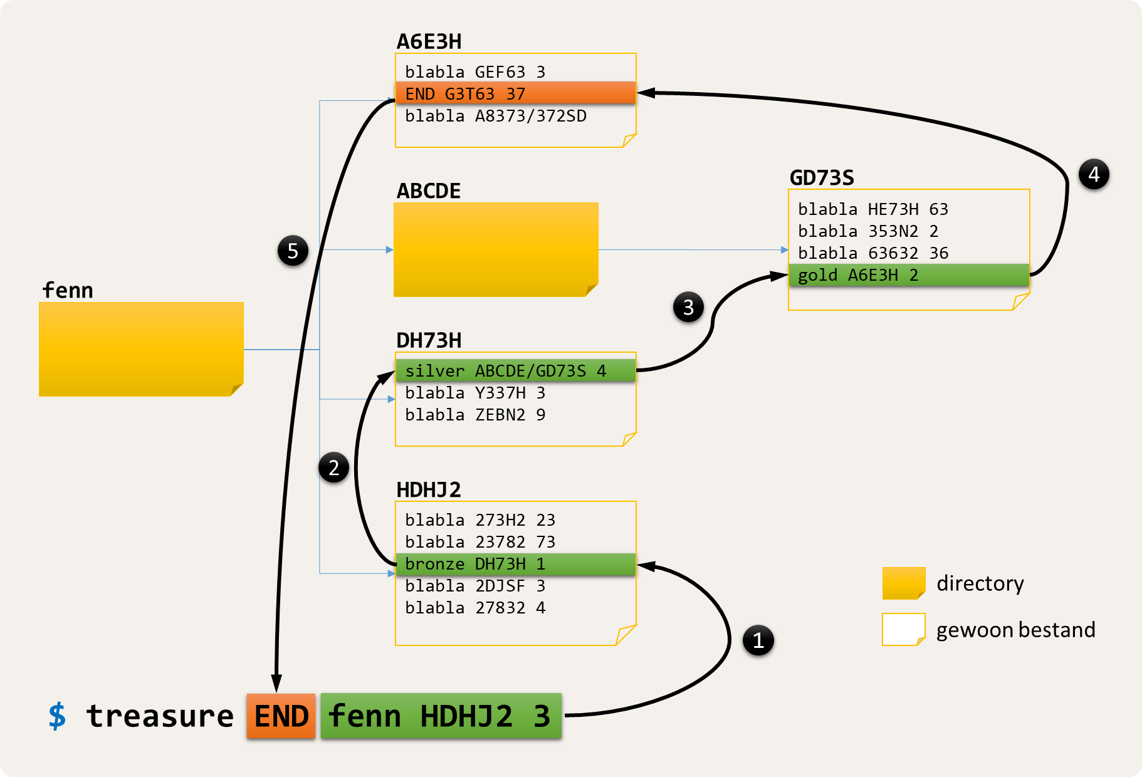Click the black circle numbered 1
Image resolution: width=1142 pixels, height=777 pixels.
[758, 640]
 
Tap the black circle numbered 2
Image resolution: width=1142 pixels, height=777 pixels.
[333, 468]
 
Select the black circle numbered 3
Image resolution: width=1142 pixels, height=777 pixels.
[688, 307]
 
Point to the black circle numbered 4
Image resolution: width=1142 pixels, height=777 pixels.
[1094, 174]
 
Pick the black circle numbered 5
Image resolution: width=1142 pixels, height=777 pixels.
[293, 251]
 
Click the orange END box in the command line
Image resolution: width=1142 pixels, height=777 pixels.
[281, 716]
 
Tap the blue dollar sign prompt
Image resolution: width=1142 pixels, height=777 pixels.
[57, 716]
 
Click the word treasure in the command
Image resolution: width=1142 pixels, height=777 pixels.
[160, 716]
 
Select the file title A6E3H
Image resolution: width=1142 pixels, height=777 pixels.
[429, 41]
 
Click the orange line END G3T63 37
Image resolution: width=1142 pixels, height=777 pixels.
[515, 93]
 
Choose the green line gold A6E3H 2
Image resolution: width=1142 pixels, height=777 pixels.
[908, 275]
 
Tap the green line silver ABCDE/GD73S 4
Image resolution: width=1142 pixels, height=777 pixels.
[515, 371]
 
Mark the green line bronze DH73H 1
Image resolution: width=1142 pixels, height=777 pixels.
[515, 564]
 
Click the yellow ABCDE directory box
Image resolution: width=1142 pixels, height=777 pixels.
[496, 249]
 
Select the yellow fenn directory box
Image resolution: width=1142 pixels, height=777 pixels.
[141, 349]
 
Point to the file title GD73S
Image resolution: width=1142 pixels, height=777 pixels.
[822, 178]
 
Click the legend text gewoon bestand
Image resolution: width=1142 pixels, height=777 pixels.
[1015, 630]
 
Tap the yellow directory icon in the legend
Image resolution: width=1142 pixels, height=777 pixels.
[903, 583]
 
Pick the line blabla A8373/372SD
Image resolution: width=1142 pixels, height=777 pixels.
[496, 116]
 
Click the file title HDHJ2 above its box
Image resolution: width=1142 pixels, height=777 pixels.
[429, 489]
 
